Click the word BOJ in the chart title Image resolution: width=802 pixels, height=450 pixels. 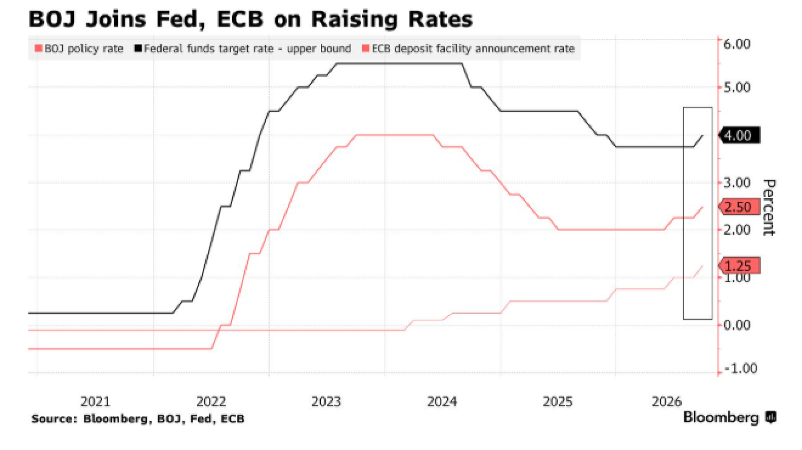click(52, 19)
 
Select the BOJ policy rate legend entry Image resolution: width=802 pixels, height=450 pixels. click(79, 49)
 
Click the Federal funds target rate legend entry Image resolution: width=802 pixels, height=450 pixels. click(243, 49)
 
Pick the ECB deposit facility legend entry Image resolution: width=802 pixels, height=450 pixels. click(468, 49)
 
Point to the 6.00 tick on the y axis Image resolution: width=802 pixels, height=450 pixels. click(737, 44)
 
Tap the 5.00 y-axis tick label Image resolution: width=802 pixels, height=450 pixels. click(737, 87)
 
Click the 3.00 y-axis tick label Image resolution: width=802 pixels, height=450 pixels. click(737, 183)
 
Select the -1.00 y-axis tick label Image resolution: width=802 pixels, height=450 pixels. click(741, 368)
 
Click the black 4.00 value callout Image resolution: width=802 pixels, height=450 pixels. click(739, 136)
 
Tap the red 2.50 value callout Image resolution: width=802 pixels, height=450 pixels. click(739, 207)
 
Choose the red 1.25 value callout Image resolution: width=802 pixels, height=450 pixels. click(739, 265)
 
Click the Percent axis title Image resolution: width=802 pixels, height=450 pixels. click(769, 207)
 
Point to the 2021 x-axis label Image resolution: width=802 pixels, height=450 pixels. click(95, 401)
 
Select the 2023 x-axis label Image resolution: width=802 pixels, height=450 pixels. click(326, 401)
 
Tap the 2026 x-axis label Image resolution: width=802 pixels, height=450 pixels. click(666, 401)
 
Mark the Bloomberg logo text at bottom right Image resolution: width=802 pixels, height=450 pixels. click(721, 417)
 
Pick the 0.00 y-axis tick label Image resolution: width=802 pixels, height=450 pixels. click(737, 325)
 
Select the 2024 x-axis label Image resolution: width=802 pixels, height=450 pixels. click(442, 401)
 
